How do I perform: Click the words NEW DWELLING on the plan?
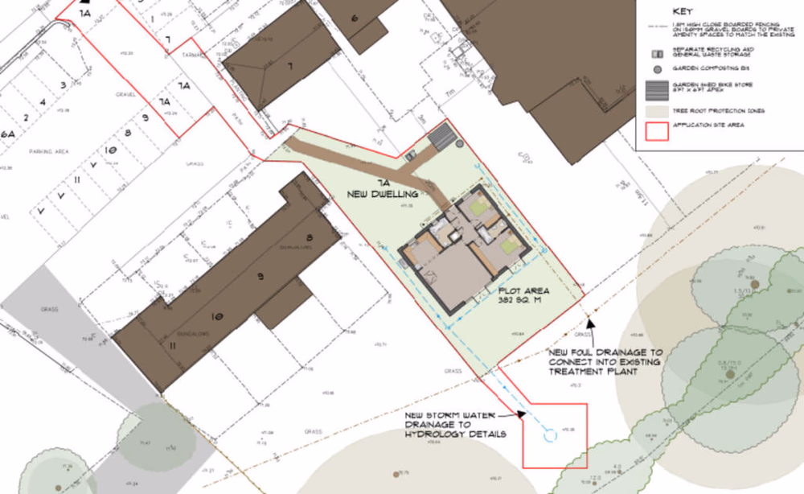[x=383, y=194]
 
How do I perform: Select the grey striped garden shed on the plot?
[x=441, y=138]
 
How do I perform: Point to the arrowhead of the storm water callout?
[x=523, y=414]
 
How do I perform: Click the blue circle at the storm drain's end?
[x=551, y=435]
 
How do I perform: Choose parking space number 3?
[x=60, y=84]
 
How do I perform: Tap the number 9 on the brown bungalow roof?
[x=259, y=278]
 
